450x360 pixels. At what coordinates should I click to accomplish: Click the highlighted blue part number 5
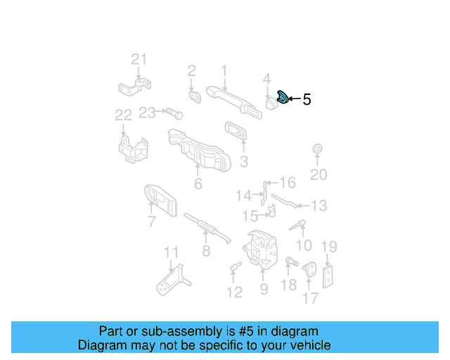pos(282,98)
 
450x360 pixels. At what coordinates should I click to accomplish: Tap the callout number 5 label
pos(307,100)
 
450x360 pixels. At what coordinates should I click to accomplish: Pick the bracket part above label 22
pos(134,148)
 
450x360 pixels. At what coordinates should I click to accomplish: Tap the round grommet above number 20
pos(316,149)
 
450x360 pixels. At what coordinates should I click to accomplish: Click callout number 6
pos(198,184)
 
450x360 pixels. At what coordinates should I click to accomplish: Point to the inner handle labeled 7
pos(161,201)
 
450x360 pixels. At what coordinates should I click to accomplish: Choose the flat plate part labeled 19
pos(328,276)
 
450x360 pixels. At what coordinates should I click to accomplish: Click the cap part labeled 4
pos(269,105)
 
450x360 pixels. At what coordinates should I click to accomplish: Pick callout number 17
pos(310,299)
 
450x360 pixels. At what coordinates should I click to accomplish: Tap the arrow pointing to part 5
pos(294,99)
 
